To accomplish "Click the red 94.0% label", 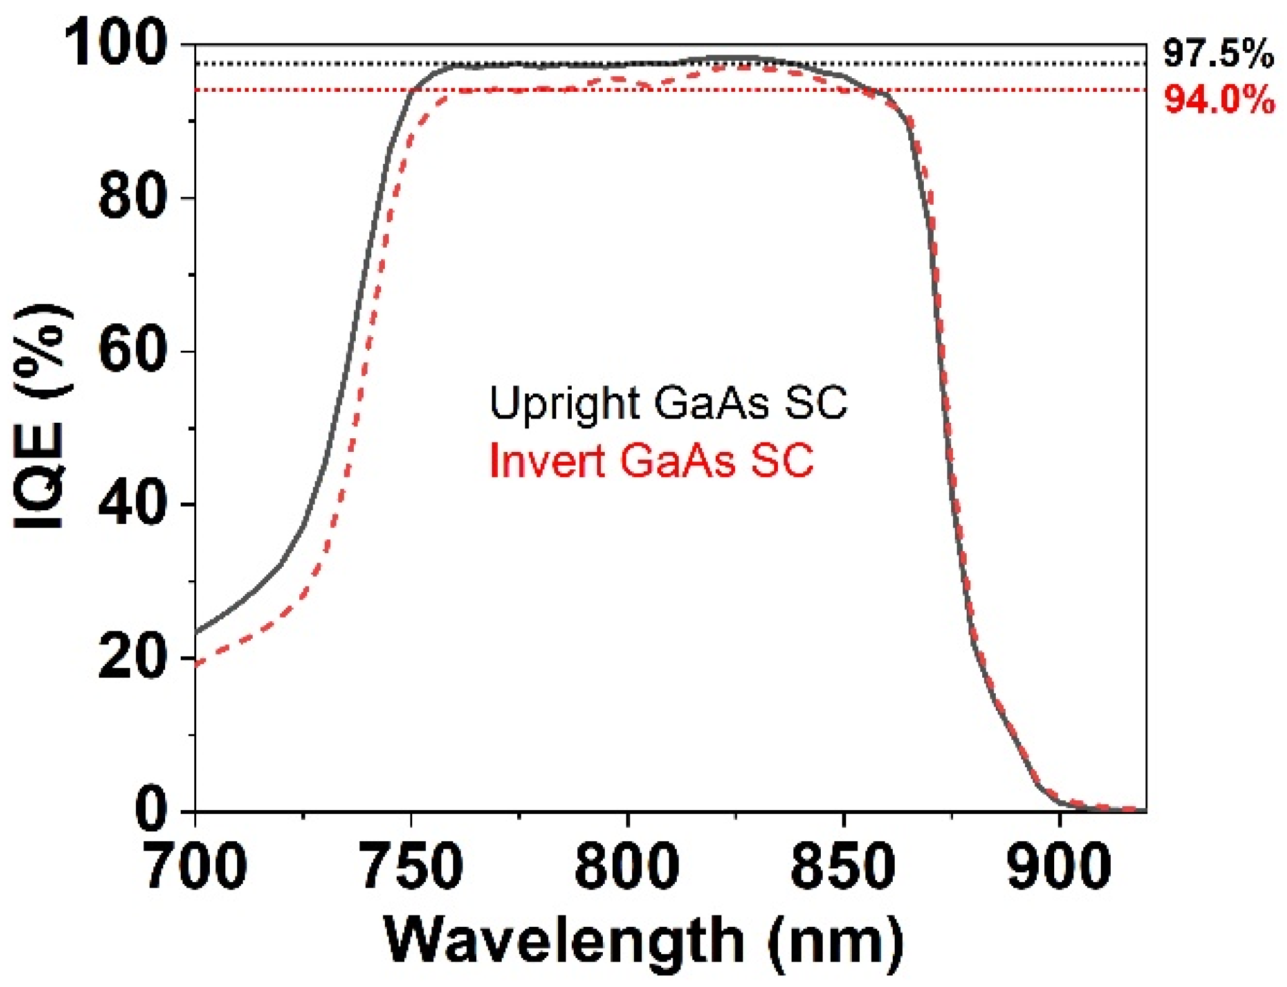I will tap(1218, 100).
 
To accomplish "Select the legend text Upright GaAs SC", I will tap(667, 403).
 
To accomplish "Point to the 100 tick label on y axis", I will tap(116, 43).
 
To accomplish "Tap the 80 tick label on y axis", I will tap(133, 197).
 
